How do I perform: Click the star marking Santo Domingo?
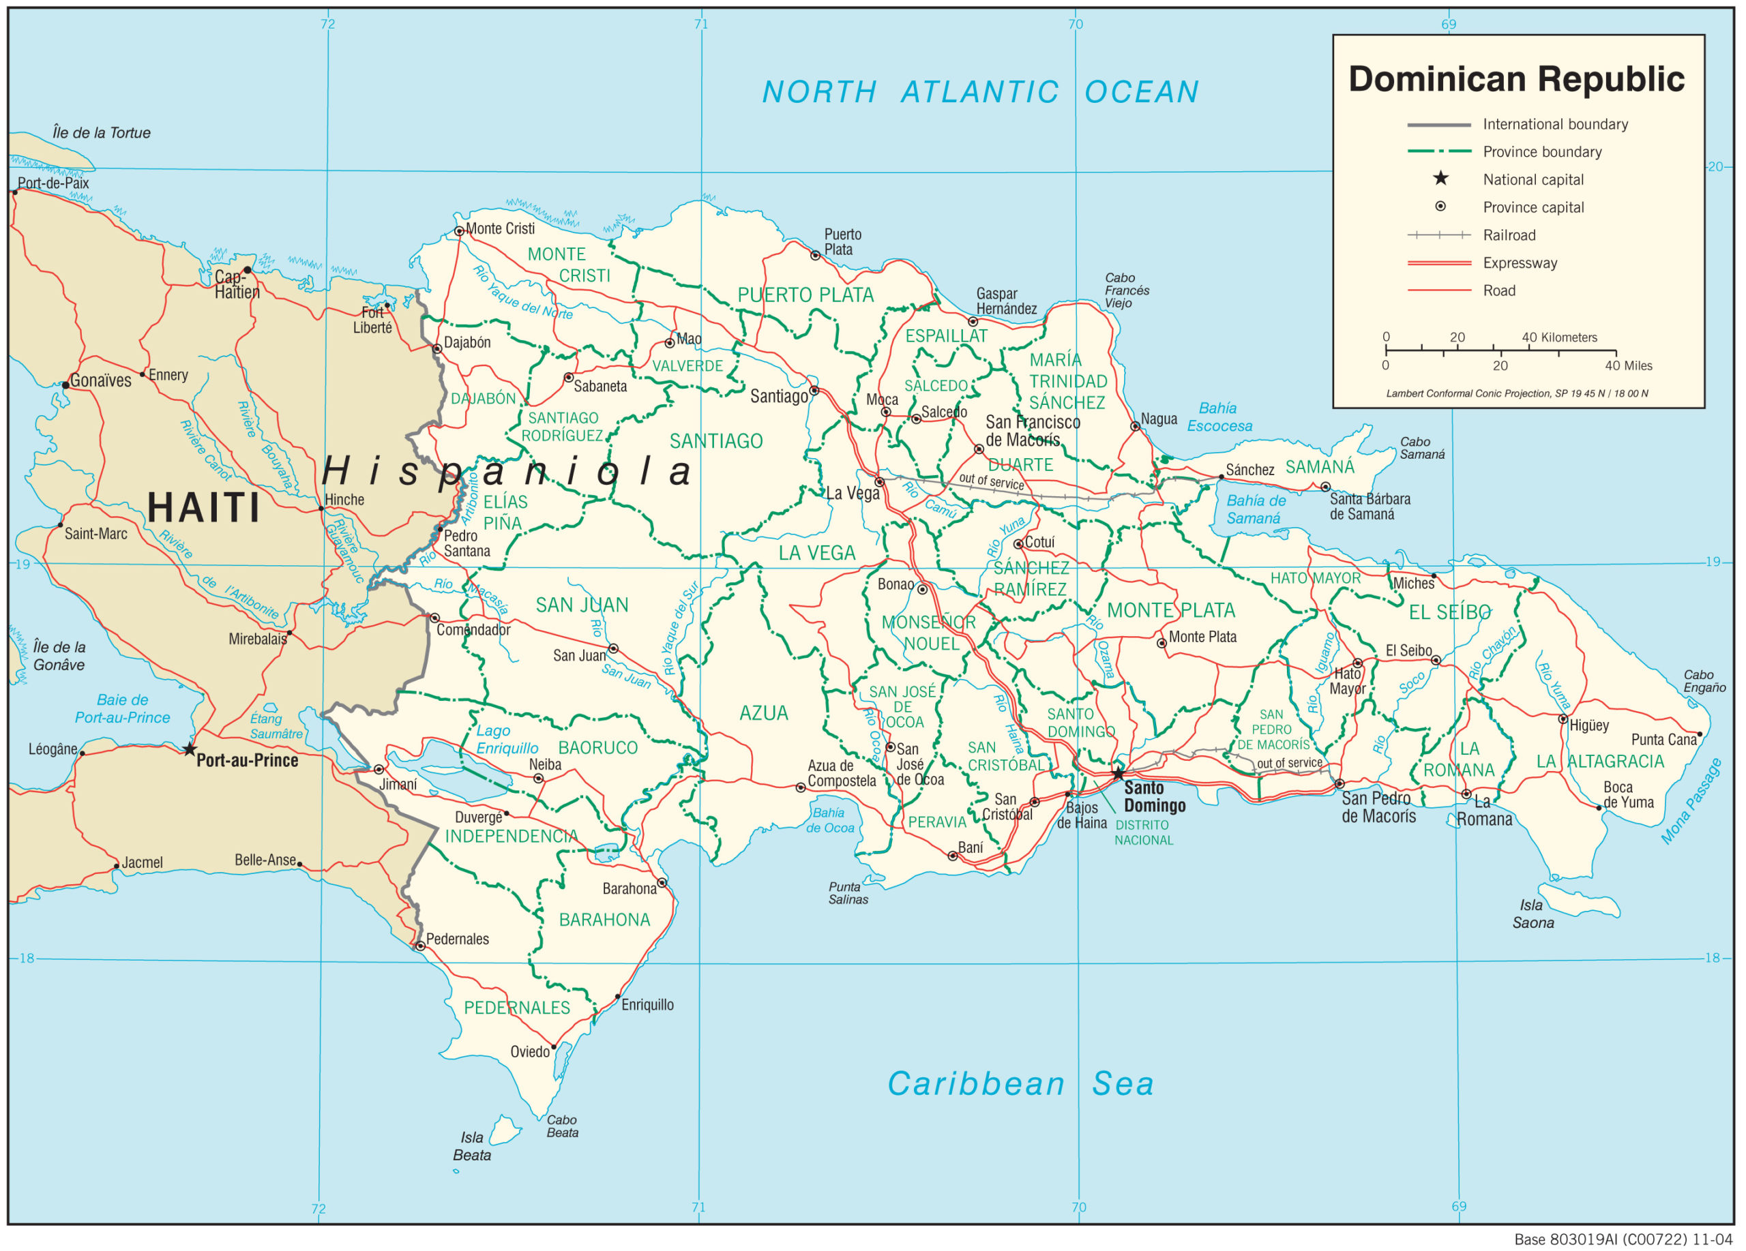pyautogui.click(x=1118, y=773)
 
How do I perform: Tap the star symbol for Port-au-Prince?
pyautogui.click(x=190, y=749)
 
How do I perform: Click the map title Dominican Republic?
pyautogui.click(x=1516, y=79)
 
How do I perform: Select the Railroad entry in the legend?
pyautogui.click(x=1509, y=235)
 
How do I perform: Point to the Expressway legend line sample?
pyautogui.click(x=1439, y=263)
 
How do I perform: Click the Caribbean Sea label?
pyautogui.click(x=1020, y=1084)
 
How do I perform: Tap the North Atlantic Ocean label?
pyautogui.click(x=980, y=92)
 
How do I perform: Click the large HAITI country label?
pyautogui.click(x=204, y=508)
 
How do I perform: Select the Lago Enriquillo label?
pyautogui.click(x=507, y=740)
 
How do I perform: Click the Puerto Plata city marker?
pyautogui.click(x=815, y=256)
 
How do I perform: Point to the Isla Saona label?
pyautogui.click(x=1533, y=914)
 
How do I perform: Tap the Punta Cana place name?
pyautogui.click(x=1663, y=740)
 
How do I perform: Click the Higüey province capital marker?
pyautogui.click(x=1563, y=719)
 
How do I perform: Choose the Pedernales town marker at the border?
pyautogui.click(x=420, y=946)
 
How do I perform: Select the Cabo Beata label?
pyautogui.click(x=562, y=1126)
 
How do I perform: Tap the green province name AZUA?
pyautogui.click(x=764, y=713)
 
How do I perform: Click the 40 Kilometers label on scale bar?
pyautogui.click(x=1559, y=337)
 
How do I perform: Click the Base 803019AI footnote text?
pyautogui.click(x=1623, y=1239)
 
